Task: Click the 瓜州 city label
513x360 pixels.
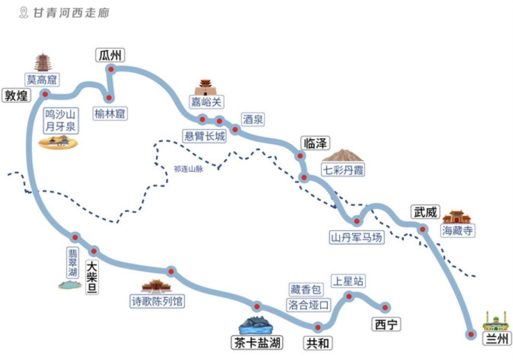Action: point(110,56)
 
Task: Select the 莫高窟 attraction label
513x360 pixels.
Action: point(42,79)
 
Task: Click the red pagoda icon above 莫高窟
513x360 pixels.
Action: point(43,62)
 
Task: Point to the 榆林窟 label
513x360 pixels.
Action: point(110,114)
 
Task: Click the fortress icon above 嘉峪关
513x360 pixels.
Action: point(206,87)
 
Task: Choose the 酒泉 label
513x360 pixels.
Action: point(253,119)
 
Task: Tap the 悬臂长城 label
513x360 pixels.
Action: point(205,136)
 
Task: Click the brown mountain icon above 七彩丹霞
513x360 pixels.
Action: point(342,155)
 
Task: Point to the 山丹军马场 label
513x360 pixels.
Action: point(357,237)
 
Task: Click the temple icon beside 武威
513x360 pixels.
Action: point(456,217)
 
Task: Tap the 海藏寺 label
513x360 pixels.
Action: point(458,231)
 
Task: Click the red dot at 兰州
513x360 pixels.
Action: point(471,334)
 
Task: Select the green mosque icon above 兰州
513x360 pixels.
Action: point(495,322)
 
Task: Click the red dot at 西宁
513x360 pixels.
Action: point(385,307)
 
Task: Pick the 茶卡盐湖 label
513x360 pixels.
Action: point(256,343)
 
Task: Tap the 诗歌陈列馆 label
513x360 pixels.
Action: point(157,301)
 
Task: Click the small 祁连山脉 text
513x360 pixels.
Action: point(189,169)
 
